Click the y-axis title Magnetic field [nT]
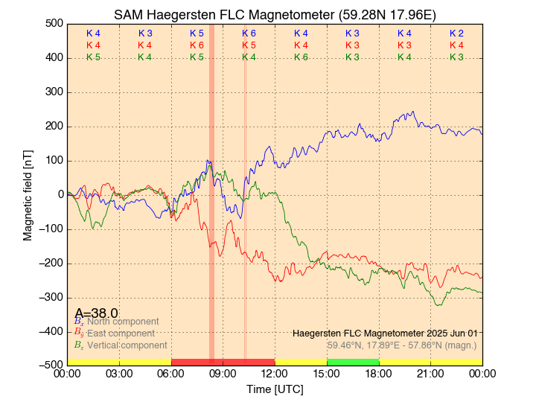(28, 194)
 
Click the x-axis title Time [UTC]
(275, 389)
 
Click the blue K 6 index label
(249, 33)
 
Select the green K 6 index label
(301, 57)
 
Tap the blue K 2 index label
(456, 33)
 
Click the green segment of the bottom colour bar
(353, 362)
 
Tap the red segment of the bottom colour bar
(223, 362)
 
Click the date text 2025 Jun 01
(447, 333)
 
